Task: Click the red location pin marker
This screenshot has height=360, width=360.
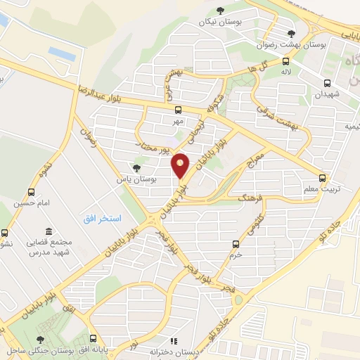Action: [x=181, y=165]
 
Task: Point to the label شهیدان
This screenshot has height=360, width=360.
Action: [x=327, y=93]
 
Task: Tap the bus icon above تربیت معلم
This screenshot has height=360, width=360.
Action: [x=322, y=178]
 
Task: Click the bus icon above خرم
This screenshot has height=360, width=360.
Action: [x=236, y=244]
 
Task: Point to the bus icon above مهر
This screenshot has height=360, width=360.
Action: [x=178, y=110]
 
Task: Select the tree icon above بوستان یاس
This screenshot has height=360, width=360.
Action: [x=136, y=168]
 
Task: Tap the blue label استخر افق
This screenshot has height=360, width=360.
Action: [x=103, y=219]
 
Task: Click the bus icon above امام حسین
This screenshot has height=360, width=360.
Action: [x=30, y=192]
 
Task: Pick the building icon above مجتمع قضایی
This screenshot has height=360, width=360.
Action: [x=48, y=231]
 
